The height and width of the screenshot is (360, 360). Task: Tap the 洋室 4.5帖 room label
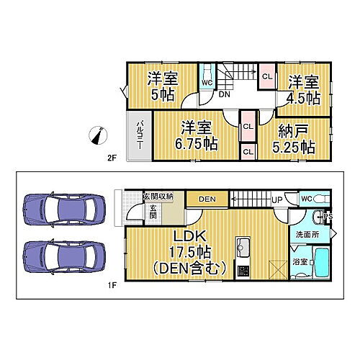pos(305,87)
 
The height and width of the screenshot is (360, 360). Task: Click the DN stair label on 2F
pos(225,94)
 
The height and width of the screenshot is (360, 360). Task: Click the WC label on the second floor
pos(207,82)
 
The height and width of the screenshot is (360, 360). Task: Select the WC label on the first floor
pos(306,199)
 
